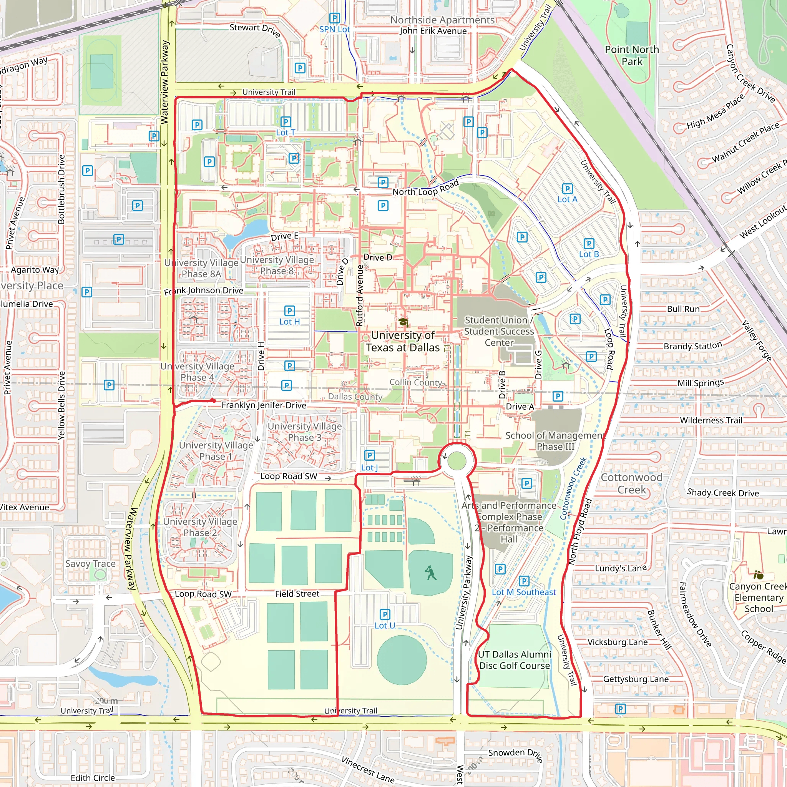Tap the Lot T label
285,133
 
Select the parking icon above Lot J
369,455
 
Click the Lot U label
385,625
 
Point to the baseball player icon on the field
430,573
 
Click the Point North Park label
631,55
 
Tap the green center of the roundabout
456,461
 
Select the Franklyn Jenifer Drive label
264,405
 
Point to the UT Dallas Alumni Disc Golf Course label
514,660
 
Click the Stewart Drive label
255,29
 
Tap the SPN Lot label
334,29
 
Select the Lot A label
567,199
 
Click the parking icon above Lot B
589,244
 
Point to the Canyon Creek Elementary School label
759,598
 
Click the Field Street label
297,594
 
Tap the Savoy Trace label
90,564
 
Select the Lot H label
289,321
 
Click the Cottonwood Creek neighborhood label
631,483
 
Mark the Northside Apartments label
442,20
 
